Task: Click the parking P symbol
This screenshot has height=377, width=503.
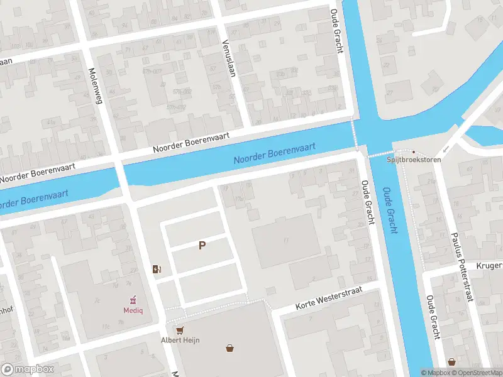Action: [x=202, y=246]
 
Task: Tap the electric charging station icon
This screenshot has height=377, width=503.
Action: [x=157, y=270]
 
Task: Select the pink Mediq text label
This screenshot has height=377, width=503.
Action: [x=132, y=310]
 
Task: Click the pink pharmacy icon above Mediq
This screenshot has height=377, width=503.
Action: [x=132, y=300]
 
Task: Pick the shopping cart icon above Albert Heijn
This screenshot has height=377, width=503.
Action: [x=180, y=330]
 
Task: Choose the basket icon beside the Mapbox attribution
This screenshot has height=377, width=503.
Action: [x=451, y=362]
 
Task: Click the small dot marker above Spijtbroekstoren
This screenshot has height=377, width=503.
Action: [x=413, y=151]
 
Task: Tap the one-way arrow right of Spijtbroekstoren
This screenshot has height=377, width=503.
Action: [x=446, y=150]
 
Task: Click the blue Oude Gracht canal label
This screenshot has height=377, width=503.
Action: [x=390, y=210]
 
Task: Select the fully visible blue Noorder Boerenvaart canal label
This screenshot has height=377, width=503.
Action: [x=274, y=153]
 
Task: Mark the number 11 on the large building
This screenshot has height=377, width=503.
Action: [x=285, y=239]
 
